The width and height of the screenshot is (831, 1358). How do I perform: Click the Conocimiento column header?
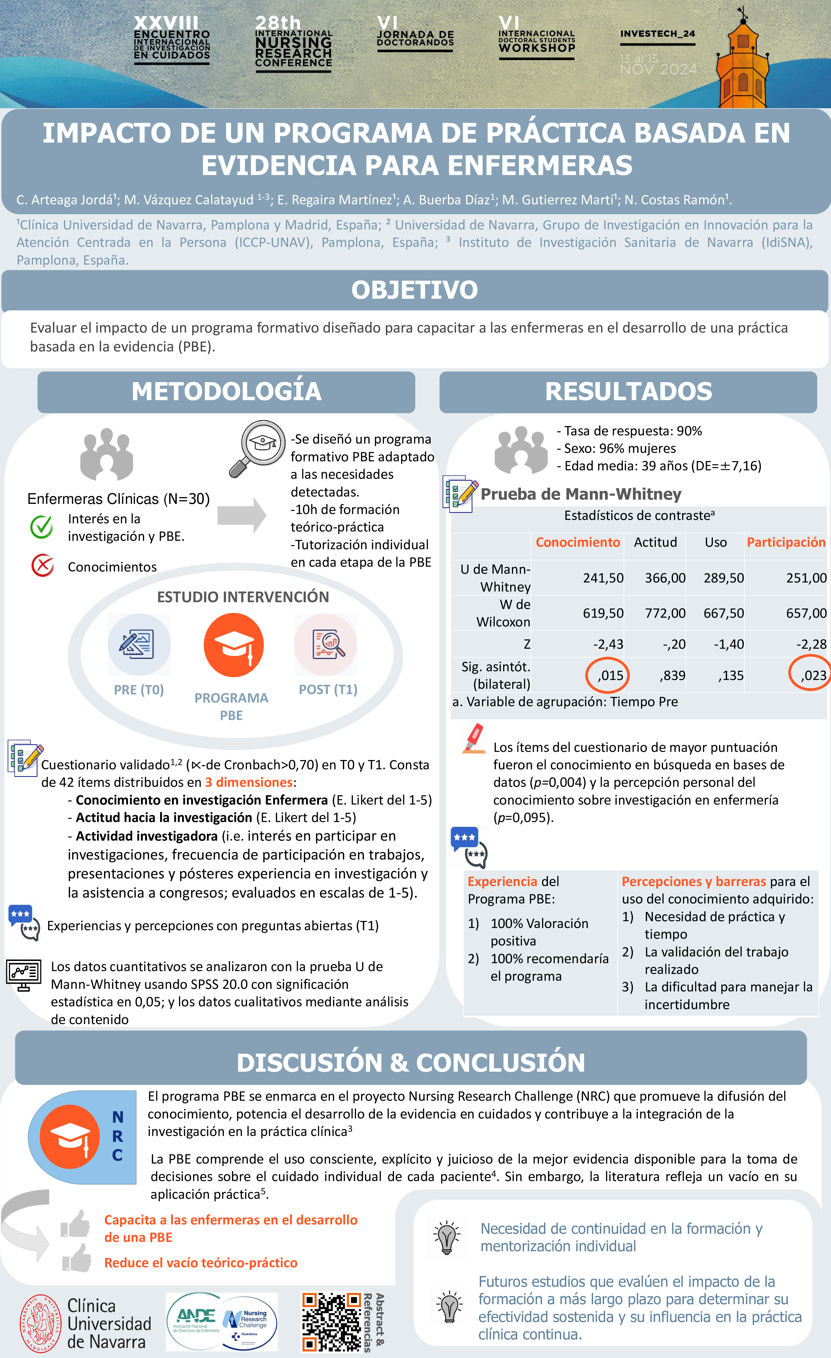tap(578, 542)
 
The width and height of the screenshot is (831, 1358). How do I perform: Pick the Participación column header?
tap(786, 542)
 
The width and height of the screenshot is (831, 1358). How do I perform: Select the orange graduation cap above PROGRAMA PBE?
tap(234, 645)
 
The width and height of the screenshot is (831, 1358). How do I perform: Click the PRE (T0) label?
tap(139, 690)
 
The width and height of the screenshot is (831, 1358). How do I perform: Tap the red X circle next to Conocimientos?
tap(43, 566)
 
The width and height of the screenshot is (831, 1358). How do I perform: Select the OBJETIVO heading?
tap(415, 290)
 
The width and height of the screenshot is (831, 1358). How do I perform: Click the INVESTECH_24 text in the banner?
tap(657, 34)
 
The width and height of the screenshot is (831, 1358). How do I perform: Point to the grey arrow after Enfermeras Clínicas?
tap(242, 515)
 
